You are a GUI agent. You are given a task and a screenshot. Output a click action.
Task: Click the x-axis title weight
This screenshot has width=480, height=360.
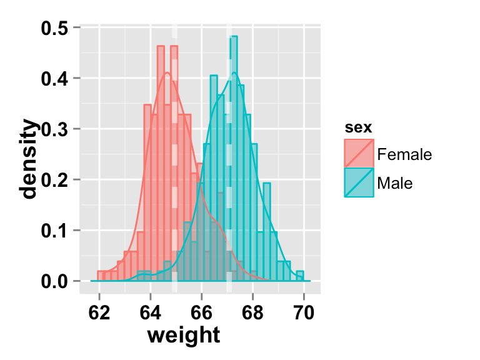pyautogui.click(x=183, y=336)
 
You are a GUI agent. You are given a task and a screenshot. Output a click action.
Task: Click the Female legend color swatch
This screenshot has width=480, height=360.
pyautogui.click(x=359, y=154)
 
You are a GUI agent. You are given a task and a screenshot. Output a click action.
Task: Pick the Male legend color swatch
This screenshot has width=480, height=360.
pyautogui.click(x=359, y=182)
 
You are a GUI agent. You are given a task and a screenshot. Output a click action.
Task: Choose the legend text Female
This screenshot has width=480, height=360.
pyautogui.click(x=404, y=154)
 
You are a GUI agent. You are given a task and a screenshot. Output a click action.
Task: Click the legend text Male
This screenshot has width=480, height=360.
pyautogui.click(x=395, y=183)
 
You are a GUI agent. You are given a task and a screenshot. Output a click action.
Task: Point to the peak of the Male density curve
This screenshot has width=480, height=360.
pyautogui.click(x=234, y=72)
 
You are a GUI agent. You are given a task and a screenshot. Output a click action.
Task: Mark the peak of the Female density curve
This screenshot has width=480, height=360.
pyautogui.click(x=167, y=72)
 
